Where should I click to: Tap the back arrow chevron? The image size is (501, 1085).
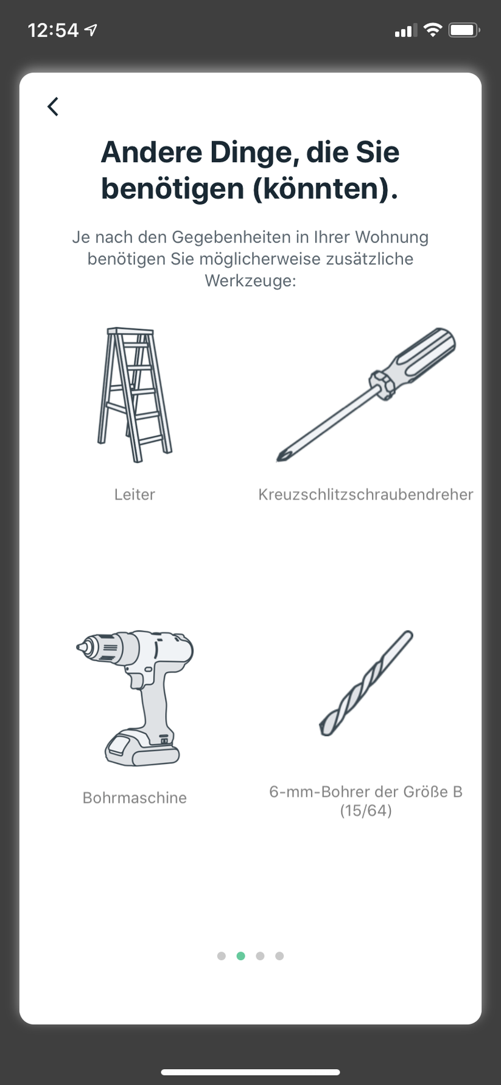53,107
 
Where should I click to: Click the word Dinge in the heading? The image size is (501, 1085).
254,152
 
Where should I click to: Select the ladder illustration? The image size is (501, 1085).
135,395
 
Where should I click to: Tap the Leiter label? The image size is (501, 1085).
135,494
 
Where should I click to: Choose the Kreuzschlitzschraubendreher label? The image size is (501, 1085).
365,494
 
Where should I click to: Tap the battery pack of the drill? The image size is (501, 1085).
142,747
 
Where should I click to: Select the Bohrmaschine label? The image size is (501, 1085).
135,797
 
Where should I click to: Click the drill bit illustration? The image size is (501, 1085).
366,683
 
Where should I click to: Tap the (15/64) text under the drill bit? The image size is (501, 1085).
366,811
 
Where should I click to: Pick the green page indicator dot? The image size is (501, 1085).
241,956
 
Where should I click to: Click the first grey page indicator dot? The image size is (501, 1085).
222,956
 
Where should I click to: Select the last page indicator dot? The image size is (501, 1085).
279,956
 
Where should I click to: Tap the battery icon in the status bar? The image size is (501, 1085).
464,30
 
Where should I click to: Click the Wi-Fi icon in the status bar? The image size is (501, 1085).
432,30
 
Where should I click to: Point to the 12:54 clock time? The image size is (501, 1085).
53,30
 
